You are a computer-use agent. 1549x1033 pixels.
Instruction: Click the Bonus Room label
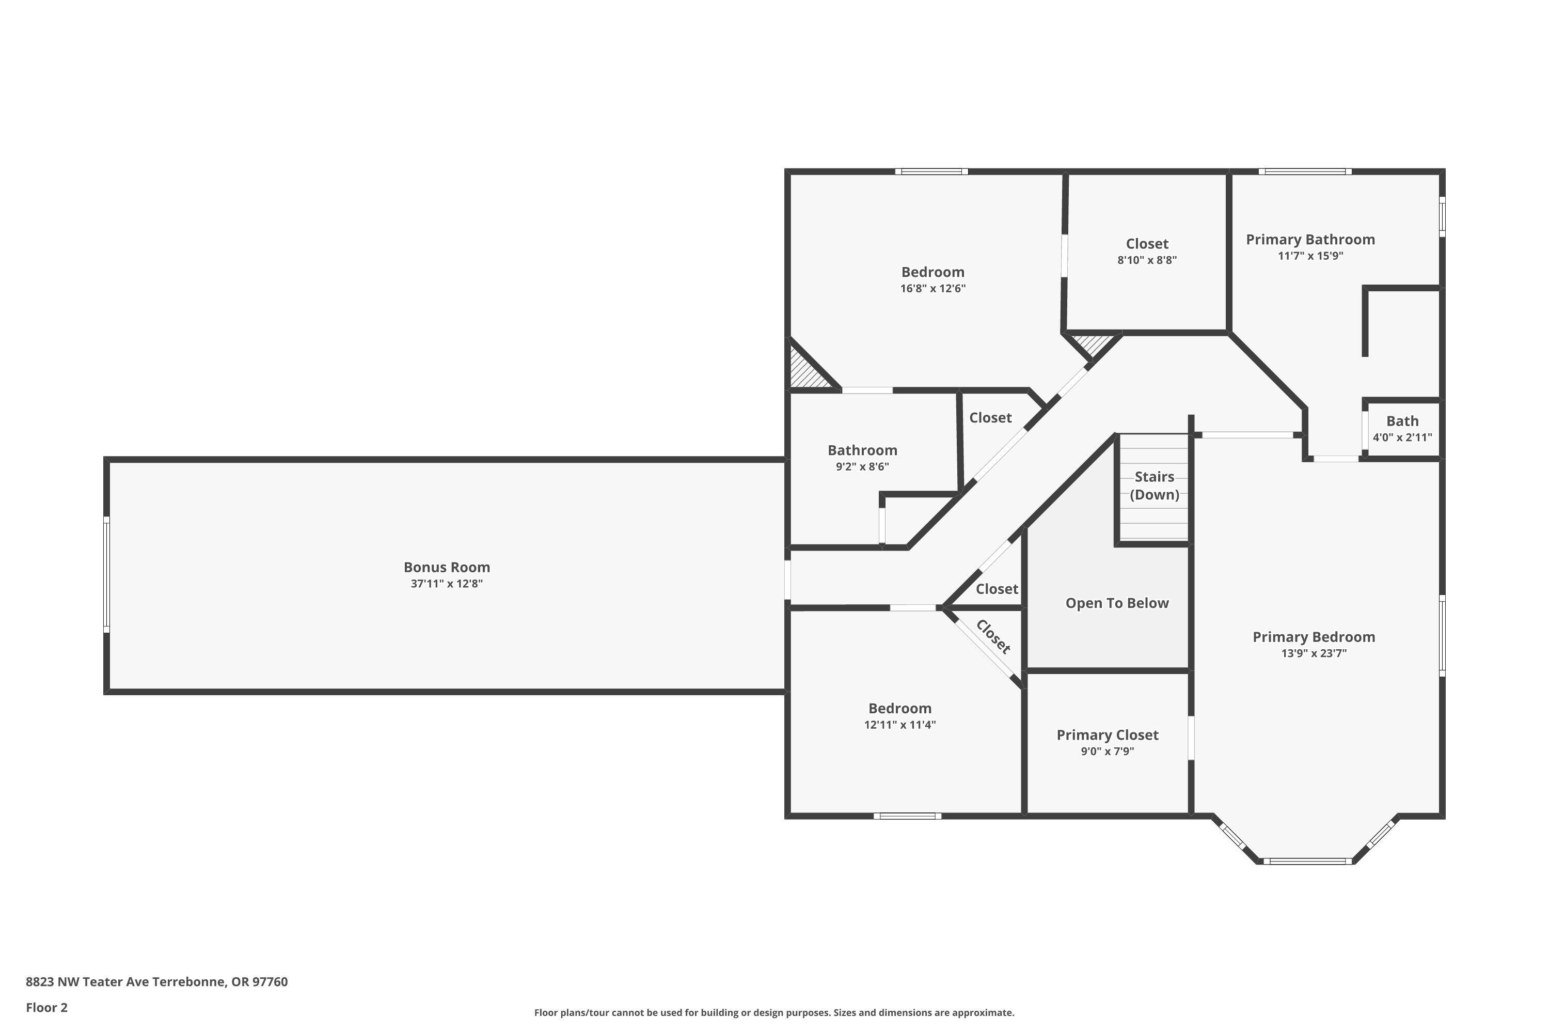click(447, 567)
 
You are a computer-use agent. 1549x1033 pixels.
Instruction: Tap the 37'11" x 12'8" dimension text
click(447, 584)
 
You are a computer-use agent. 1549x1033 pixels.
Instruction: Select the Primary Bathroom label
click(1310, 240)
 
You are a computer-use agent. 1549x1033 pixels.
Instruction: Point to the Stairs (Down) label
click(1154, 486)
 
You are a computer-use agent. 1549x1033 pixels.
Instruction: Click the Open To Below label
click(1117, 603)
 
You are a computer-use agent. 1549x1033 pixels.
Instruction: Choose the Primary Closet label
click(1107, 735)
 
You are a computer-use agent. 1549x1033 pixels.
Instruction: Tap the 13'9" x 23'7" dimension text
click(1313, 653)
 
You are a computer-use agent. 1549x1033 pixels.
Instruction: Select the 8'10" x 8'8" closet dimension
click(1147, 260)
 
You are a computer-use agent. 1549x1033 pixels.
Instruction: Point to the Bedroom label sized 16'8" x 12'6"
click(932, 272)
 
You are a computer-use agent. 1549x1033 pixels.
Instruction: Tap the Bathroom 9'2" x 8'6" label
click(862, 450)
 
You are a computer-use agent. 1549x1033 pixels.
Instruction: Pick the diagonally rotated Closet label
click(992, 636)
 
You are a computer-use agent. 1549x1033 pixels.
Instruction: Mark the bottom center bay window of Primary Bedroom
click(1307, 861)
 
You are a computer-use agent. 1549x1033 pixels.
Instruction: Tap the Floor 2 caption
click(47, 1007)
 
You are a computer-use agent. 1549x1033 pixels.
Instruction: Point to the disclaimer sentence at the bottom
click(774, 1012)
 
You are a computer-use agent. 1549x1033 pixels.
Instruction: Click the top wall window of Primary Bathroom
click(1305, 172)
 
